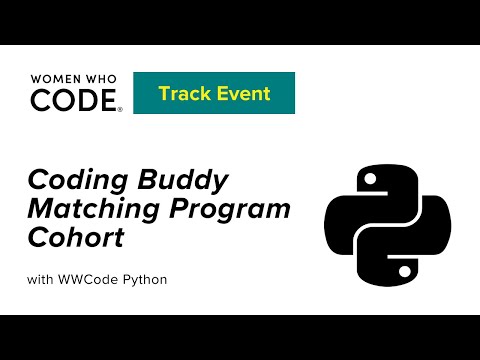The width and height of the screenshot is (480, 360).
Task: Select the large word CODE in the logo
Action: [73, 100]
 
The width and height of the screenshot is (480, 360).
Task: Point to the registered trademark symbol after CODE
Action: [121, 109]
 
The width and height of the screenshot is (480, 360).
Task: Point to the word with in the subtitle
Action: [42, 278]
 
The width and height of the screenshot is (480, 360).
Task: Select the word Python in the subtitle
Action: [144, 278]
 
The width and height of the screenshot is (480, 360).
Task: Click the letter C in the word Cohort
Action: [37, 239]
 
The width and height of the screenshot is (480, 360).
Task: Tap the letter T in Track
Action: [163, 95]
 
